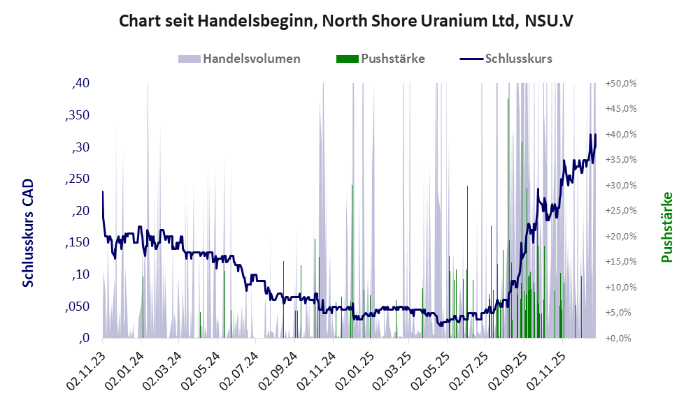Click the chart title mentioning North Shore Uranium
click(346, 21)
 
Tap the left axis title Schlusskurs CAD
click(28, 233)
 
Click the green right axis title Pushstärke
click(666, 227)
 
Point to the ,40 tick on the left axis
click(80, 84)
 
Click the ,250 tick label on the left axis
click(77, 179)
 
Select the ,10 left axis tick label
click(80, 275)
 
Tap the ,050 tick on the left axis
click(77, 306)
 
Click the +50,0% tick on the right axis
click(620, 84)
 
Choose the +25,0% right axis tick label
click(620, 211)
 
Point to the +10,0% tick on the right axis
click(620, 288)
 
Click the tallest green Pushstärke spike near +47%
click(508, 101)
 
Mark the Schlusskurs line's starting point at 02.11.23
click(103, 191)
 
